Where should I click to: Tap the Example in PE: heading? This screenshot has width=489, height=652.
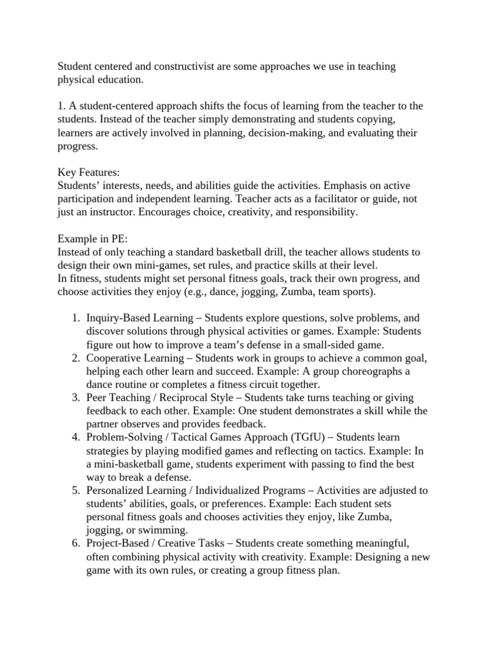point(93,239)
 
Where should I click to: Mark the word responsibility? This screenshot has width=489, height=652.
point(321,212)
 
